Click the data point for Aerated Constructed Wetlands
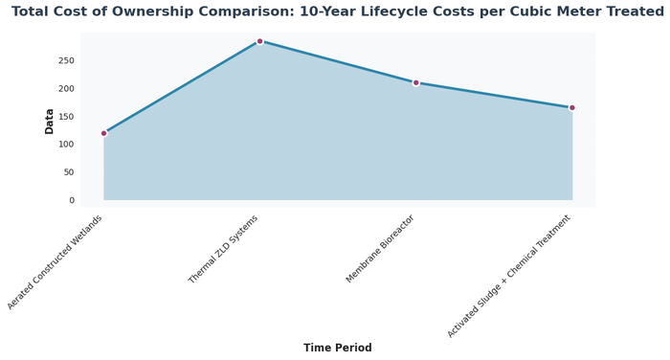pos(103,133)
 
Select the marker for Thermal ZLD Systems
pos(259,41)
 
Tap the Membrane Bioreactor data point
pos(415,82)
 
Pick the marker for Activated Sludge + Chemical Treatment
pos(571,107)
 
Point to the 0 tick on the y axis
pos(98,200)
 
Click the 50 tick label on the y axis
pos(95,172)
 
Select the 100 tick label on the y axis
pos(92,145)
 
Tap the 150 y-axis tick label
pos(92,117)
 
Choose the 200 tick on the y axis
pos(92,88)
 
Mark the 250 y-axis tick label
pos(92,60)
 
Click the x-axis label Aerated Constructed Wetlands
pos(56,260)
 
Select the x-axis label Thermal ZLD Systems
pos(224,248)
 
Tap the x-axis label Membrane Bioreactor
pos(381,248)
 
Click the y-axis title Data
pos(50,121)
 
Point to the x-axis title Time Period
pos(337,348)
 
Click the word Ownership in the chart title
pos(207,12)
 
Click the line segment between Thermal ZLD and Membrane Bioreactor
pos(337,61)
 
